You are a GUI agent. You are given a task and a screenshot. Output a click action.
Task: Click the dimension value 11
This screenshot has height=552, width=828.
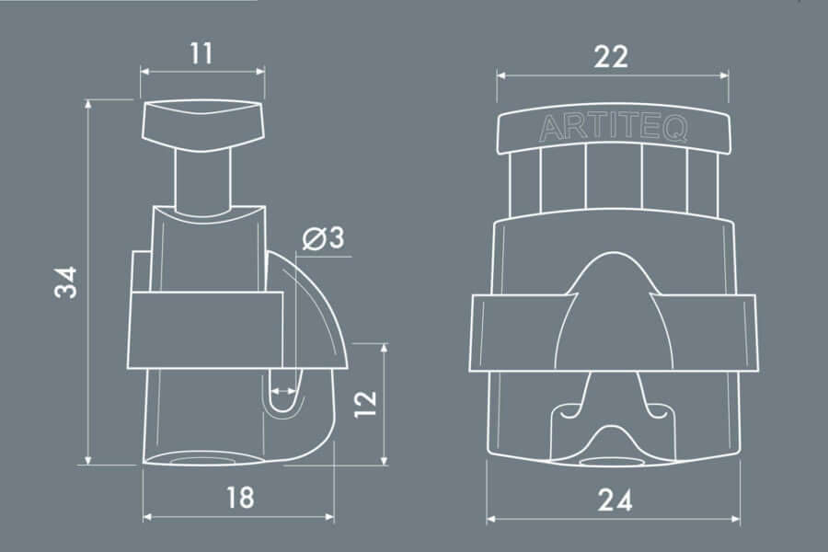tap(201, 53)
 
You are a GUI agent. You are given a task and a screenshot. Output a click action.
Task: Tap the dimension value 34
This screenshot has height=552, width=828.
tap(66, 282)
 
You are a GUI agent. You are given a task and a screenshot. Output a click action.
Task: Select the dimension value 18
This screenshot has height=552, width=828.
tap(240, 498)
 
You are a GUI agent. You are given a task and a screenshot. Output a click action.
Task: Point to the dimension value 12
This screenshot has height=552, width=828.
tap(365, 404)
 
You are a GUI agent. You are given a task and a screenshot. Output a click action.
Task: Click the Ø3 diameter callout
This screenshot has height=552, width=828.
tap(324, 237)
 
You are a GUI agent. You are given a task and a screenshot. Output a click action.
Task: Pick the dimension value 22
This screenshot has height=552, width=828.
tap(612, 56)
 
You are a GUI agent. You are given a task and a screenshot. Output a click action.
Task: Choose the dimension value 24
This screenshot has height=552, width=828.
tap(615, 500)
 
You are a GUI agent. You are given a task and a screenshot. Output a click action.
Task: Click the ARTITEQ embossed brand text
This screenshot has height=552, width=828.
tap(613, 128)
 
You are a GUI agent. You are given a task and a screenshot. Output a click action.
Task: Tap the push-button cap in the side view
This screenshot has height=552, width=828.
tap(202, 126)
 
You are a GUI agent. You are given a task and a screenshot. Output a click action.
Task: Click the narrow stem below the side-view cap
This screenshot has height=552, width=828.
tap(202, 179)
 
